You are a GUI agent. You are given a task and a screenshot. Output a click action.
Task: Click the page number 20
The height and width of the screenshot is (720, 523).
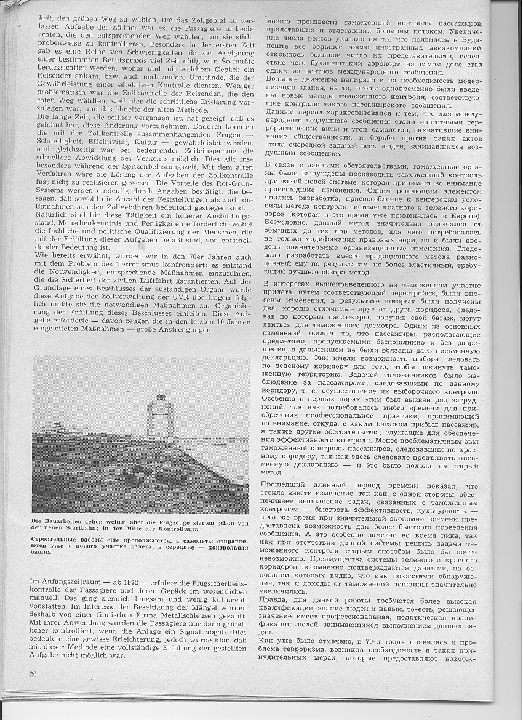(x=33, y=673)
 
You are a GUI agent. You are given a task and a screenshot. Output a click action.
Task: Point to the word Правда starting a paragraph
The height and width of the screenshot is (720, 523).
(x=279, y=601)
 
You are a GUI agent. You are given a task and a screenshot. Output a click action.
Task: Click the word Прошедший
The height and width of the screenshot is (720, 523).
(x=289, y=486)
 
